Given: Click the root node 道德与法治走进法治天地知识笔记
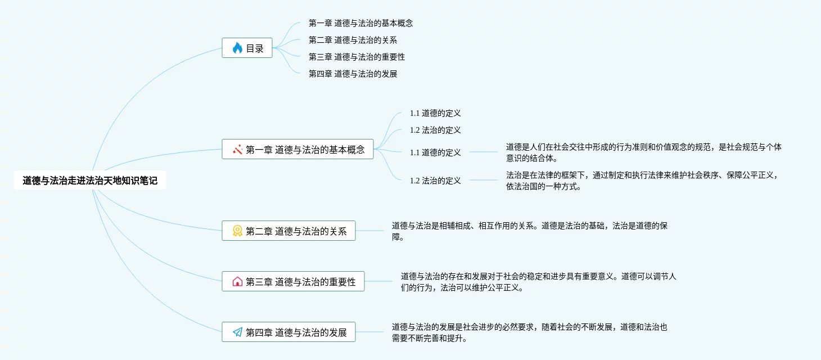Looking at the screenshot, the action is click(90, 181).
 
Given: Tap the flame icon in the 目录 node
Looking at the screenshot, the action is click(237, 48).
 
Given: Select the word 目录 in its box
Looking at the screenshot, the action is click(255, 48).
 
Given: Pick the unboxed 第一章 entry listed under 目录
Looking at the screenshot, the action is click(360, 23).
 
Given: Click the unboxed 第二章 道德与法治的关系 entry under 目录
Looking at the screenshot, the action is click(353, 40).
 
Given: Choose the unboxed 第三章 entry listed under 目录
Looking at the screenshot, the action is click(357, 57).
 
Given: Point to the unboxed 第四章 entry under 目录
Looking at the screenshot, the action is click(353, 74).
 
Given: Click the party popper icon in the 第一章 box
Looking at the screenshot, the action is click(237, 150).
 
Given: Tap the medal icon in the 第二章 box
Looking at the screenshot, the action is click(237, 231).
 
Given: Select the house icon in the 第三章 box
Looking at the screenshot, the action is click(237, 282).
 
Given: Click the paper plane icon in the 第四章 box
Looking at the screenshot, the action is click(237, 332).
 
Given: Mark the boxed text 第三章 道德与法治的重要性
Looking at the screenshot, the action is click(315, 282).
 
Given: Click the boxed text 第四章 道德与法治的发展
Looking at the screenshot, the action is click(311, 332).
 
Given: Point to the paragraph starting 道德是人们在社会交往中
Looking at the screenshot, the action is click(643, 152).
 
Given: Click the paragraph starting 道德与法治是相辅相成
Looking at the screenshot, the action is click(529, 231).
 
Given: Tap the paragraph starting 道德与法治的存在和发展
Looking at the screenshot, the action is click(538, 282).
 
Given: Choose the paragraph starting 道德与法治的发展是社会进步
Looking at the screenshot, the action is click(529, 332).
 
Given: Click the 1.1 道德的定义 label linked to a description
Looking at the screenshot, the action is click(435, 152).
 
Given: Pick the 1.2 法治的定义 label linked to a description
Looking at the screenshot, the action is click(435, 181).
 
